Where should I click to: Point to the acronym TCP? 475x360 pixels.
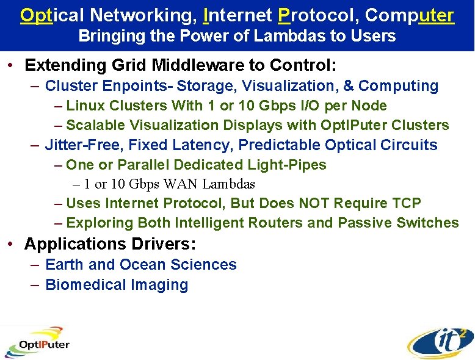[404, 203]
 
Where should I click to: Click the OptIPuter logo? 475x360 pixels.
[37, 344]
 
